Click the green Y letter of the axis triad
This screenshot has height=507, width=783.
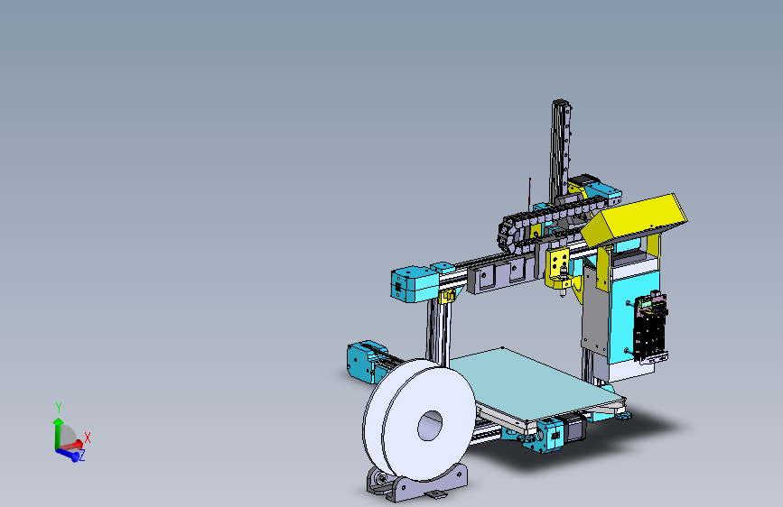click(x=58, y=406)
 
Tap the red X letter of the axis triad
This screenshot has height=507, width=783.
click(x=88, y=438)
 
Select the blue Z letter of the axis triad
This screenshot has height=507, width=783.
click(x=81, y=456)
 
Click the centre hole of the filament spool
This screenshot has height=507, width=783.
click(x=431, y=424)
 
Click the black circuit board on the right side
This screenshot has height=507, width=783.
click(x=653, y=329)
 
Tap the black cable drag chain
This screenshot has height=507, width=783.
click(x=542, y=220)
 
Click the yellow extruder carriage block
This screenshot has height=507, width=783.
click(x=559, y=263)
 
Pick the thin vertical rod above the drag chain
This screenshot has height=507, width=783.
click(x=527, y=195)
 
